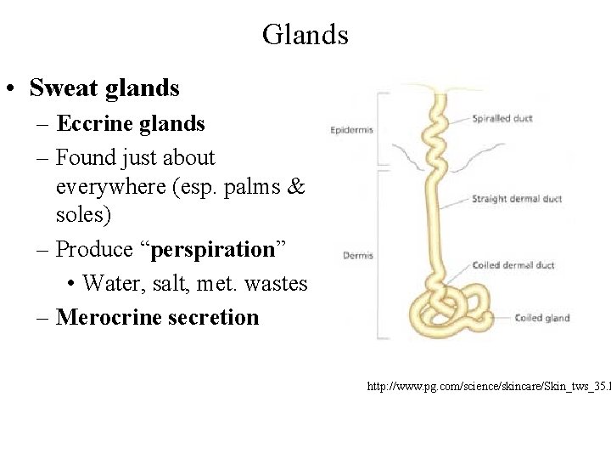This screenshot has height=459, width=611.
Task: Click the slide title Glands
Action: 305,35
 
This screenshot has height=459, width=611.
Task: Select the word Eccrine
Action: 92,124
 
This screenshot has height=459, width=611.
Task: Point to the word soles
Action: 83,215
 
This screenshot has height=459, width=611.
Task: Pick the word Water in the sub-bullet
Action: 114,283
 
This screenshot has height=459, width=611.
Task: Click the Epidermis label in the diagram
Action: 352,130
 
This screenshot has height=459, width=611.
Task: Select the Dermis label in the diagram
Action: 358,255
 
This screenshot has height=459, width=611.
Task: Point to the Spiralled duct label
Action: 502,119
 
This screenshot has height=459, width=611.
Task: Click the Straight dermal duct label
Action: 517,200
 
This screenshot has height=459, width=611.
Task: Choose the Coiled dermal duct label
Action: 513,265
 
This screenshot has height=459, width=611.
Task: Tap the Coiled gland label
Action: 542,318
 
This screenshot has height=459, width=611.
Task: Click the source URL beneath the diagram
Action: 488,388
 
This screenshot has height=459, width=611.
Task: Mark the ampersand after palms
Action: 295,186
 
